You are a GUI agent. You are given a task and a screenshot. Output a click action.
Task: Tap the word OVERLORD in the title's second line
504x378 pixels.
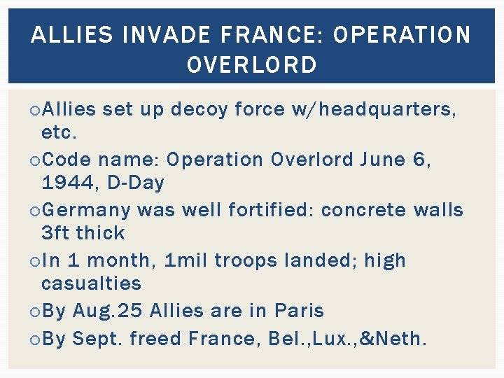(x=252, y=65)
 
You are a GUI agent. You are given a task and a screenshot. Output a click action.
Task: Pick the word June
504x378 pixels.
(x=382, y=160)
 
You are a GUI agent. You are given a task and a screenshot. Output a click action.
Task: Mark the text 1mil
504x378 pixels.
(x=185, y=260)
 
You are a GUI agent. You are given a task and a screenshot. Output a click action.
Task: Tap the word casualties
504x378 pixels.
(x=91, y=283)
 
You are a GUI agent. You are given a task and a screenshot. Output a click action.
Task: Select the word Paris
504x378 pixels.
(x=299, y=310)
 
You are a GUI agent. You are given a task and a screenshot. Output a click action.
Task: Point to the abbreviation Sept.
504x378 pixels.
(x=97, y=339)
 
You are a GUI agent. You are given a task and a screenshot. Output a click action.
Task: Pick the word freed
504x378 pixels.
(x=155, y=339)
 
